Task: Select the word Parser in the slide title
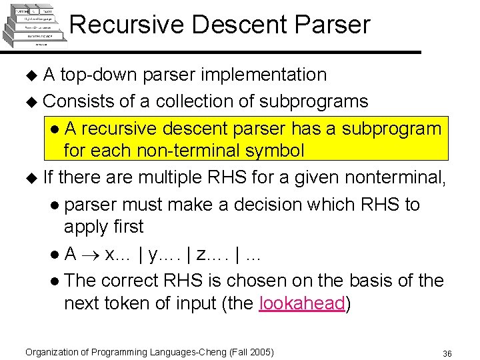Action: [334, 25]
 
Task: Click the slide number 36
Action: [447, 353]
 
